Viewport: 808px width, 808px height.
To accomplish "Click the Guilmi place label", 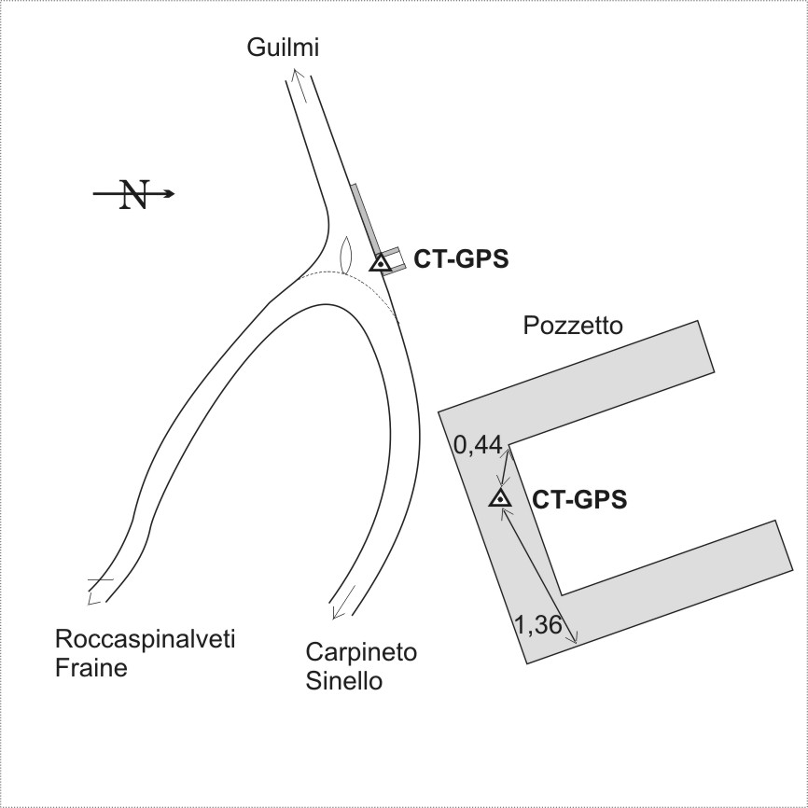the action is pyautogui.click(x=283, y=48).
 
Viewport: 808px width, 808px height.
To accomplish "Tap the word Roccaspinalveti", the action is pyautogui.click(x=145, y=639).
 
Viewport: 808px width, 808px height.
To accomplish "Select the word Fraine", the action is pyautogui.click(x=91, y=668).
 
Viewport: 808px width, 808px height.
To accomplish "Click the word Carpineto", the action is pyautogui.click(x=361, y=652).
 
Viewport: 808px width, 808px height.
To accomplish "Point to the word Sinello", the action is pyautogui.click(x=344, y=681).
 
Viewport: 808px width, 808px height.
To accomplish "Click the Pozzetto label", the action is pyautogui.click(x=573, y=326).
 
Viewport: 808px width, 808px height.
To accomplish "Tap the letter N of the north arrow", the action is pyautogui.click(x=134, y=194).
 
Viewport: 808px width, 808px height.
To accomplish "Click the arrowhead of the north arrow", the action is pyautogui.click(x=170, y=194).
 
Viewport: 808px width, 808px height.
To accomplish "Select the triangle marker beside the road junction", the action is pyautogui.click(x=381, y=263).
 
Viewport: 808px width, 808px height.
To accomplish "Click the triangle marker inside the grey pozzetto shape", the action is pyautogui.click(x=500, y=498).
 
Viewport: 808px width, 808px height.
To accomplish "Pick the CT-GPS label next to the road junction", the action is pyautogui.click(x=461, y=259).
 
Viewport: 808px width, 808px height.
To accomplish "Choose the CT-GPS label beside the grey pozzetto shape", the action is pyautogui.click(x=579, y=500).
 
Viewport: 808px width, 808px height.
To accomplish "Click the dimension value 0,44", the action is pyautogui.click(x=478, y=445).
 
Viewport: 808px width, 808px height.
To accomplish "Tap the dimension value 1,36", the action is pyautogui.click(x=538, y=625).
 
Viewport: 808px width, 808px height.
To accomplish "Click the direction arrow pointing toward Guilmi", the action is pyautogui.click(x=300, y=85).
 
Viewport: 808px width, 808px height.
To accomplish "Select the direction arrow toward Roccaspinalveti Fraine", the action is pyautogui.click(x=99, y=591).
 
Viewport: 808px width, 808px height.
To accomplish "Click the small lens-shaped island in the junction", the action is pyautogui.click(x=346, y=255).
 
